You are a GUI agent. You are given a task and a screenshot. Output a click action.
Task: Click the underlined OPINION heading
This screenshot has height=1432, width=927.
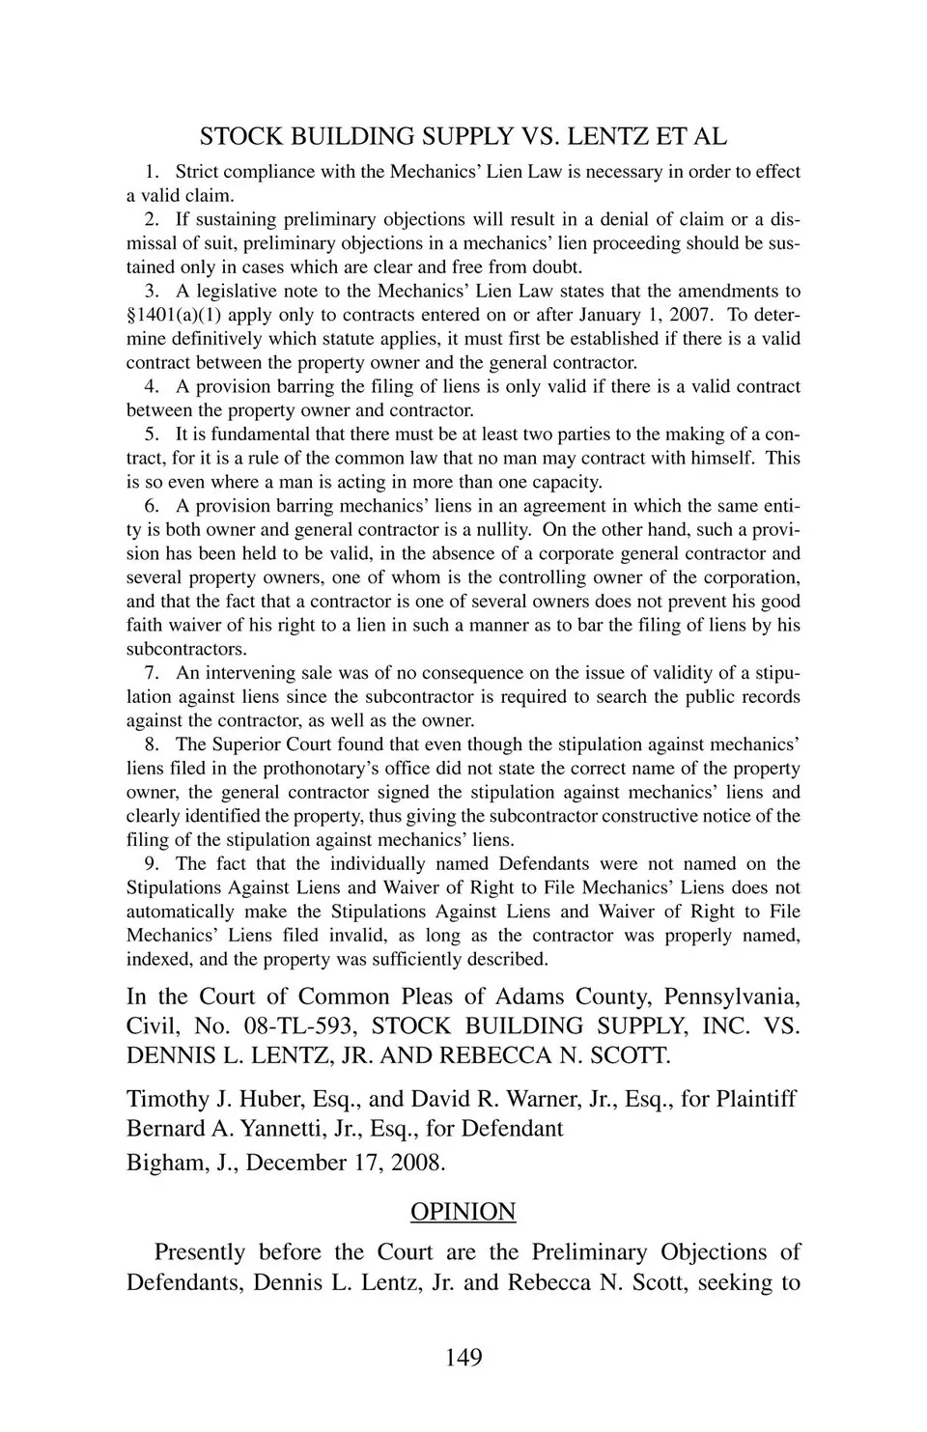[463, 1212]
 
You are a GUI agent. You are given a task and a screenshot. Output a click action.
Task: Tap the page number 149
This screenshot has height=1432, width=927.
[463, 1358]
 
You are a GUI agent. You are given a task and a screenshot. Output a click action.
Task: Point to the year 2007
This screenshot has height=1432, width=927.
[689, 315]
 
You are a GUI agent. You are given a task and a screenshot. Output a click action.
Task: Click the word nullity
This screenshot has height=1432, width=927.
[498, 530]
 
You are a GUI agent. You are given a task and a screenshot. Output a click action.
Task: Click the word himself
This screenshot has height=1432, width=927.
[720, 459]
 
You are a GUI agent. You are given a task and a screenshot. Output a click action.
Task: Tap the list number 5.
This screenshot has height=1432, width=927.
[151, 435]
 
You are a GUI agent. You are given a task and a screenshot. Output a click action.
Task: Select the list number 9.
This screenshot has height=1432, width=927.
[151, 864]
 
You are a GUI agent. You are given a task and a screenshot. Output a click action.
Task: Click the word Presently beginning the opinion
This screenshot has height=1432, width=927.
[200, 1252]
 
